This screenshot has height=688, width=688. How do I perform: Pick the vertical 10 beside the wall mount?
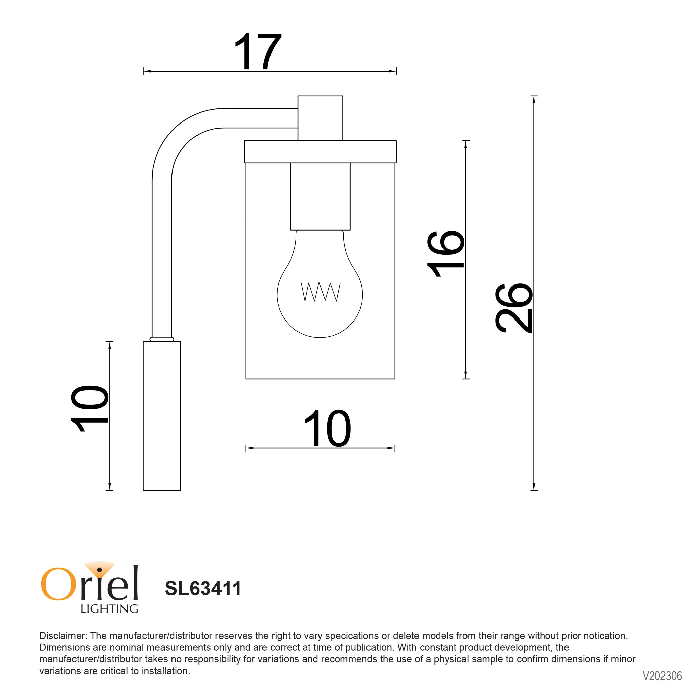click(89, 408)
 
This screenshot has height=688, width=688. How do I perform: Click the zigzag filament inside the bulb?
click(321, 292)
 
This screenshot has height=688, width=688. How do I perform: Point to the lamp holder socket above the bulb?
click(320, 196)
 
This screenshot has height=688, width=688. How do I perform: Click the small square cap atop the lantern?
click(320, 118)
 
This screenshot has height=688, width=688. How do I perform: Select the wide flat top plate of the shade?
click(320, 152)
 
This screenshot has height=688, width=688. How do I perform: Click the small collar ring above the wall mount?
click(162, 339)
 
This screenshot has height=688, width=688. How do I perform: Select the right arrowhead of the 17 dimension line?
click(393, 71)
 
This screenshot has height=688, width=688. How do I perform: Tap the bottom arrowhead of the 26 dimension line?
click(533, 487)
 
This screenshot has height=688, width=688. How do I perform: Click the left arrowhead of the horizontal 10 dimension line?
click(249, 448)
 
